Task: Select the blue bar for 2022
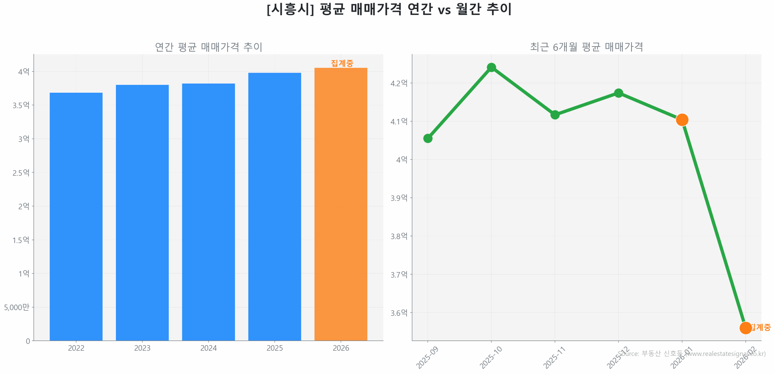[x=76, y=216]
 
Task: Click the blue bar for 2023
[x=142, y=212]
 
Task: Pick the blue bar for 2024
[x=208, y=212]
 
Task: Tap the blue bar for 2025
[x=274, y=206]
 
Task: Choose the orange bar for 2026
[x=341, y=204]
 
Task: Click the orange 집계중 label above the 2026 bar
[x=342, y=63]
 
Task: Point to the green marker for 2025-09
[x=427, y=139]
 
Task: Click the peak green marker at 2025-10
[x=491, y=67]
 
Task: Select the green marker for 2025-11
[x=555, y=115]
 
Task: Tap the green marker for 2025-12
[x=618, y=93]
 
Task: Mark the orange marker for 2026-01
[x=682, y=120]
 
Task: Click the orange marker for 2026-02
[x=745, y=328]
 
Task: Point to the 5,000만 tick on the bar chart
[x=17, y=307]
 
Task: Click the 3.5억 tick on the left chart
[x=21, y=105]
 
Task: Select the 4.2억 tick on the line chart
[x=399, y=83]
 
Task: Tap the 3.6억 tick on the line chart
[x=399, y=313]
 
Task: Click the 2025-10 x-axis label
[x=490, y=357]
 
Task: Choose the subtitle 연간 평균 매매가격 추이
[x=208, y=47]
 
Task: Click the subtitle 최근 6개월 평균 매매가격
[x=586, y=47]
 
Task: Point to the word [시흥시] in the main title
[x=290, y=9]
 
